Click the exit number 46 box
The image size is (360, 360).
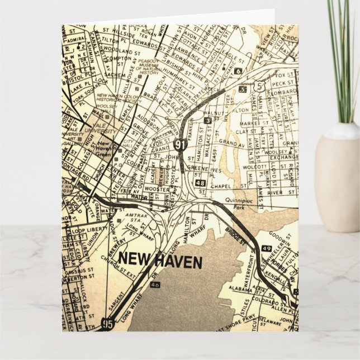[155, 286]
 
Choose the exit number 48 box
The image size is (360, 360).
[201, 182]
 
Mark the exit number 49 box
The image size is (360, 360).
[266, 248]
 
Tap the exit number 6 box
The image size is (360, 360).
[238, 71]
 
